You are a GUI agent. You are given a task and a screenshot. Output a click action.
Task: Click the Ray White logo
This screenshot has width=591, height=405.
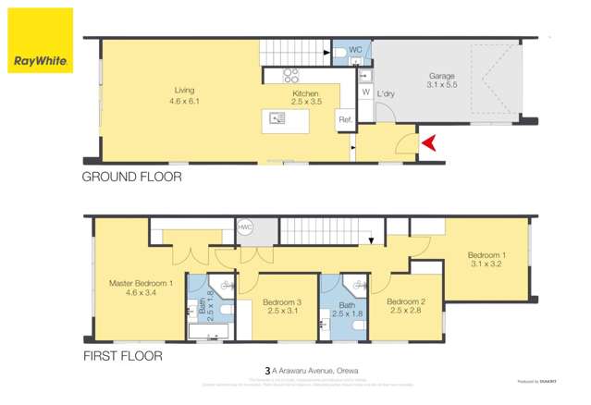pyautogui.click(x=40, y=42)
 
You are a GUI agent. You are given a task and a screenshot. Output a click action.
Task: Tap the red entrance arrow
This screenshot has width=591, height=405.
pyautogui.click(x=428, y=142)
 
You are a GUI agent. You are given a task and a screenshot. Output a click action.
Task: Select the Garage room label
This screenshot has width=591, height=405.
pyautogui.click(x=442, y=80)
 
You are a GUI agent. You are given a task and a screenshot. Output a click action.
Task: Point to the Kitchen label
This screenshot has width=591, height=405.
pyautogui.click(x=306, y=99)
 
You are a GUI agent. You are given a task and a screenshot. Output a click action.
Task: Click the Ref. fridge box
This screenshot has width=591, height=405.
pyautogui.click(x=345, y=119)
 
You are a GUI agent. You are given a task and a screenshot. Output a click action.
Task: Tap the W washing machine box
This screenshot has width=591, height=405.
pyautogui.click(x=365, y=92)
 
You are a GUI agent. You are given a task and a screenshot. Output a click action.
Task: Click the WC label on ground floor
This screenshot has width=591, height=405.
pyautogui.click(x=355, y=50)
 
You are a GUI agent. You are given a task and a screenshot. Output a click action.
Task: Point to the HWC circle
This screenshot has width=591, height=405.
pyautogui.click(x=245, y=227)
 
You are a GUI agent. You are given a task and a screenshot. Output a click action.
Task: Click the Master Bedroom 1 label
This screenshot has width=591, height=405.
pyautogui.click(x=142, y=287)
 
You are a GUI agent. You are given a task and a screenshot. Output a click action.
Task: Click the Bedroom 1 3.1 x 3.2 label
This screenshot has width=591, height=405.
pyautogui.click(x=486, y=261)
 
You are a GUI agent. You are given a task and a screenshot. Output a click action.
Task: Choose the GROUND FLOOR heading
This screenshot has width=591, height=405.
pyautogui.click(x=131, y=176)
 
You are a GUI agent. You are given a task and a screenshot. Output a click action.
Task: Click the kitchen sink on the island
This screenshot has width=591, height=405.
pyautogui.click(x=276, y=117)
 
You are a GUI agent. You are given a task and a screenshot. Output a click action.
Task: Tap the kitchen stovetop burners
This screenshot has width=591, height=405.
pyautogui.click(x=289, y=75)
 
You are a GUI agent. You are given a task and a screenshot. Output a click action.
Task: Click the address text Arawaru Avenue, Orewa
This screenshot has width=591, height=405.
pyautogui.click(x=312, y=371)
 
